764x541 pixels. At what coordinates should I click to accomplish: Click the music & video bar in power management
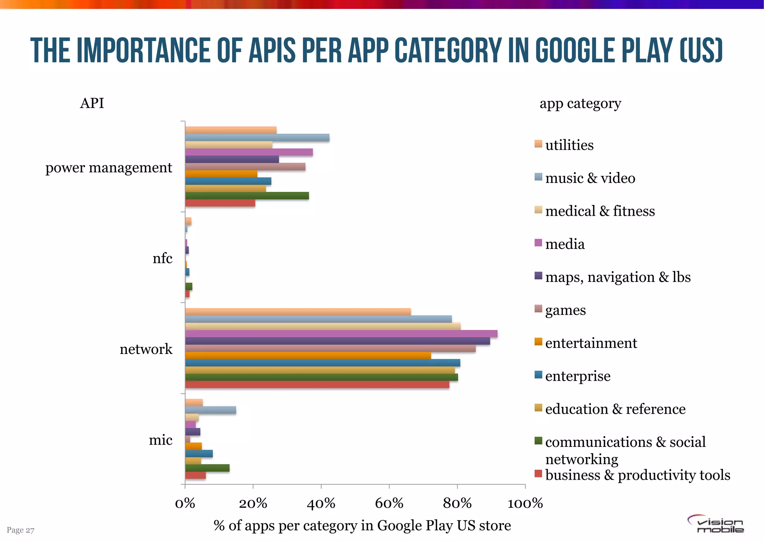(x=257, y=138)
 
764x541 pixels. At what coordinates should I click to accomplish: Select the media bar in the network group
(x=341, y=334)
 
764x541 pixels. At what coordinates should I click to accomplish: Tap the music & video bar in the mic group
(x=210, y=410)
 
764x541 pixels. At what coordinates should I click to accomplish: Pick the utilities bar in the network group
(x=298, y=312)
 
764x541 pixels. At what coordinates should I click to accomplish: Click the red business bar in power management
(x=220, y=203)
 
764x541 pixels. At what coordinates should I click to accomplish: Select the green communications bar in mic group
(x=207, y=468)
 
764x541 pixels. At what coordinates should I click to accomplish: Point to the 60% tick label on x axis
(x=389, y=504)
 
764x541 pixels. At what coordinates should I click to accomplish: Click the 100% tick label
(x=525, y=504)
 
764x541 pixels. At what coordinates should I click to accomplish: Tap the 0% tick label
(x=185, y=504)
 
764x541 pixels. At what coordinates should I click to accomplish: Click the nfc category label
(x=162, y=258)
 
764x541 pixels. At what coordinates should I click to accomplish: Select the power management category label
(x=109, y=168)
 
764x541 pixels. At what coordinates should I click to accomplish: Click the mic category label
(x=160, y=440)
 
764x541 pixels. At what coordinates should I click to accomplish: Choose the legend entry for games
(x=565, y=310)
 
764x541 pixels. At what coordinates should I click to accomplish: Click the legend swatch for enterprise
(x=538, y=375)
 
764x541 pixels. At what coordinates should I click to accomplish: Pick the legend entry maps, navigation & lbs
(x=617, y=277)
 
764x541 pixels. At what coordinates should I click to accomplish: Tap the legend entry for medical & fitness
(x=599, y=211)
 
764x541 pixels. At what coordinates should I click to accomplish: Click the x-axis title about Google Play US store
(x=362, y=526)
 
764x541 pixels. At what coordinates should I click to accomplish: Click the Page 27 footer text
(x=21, y=530)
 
